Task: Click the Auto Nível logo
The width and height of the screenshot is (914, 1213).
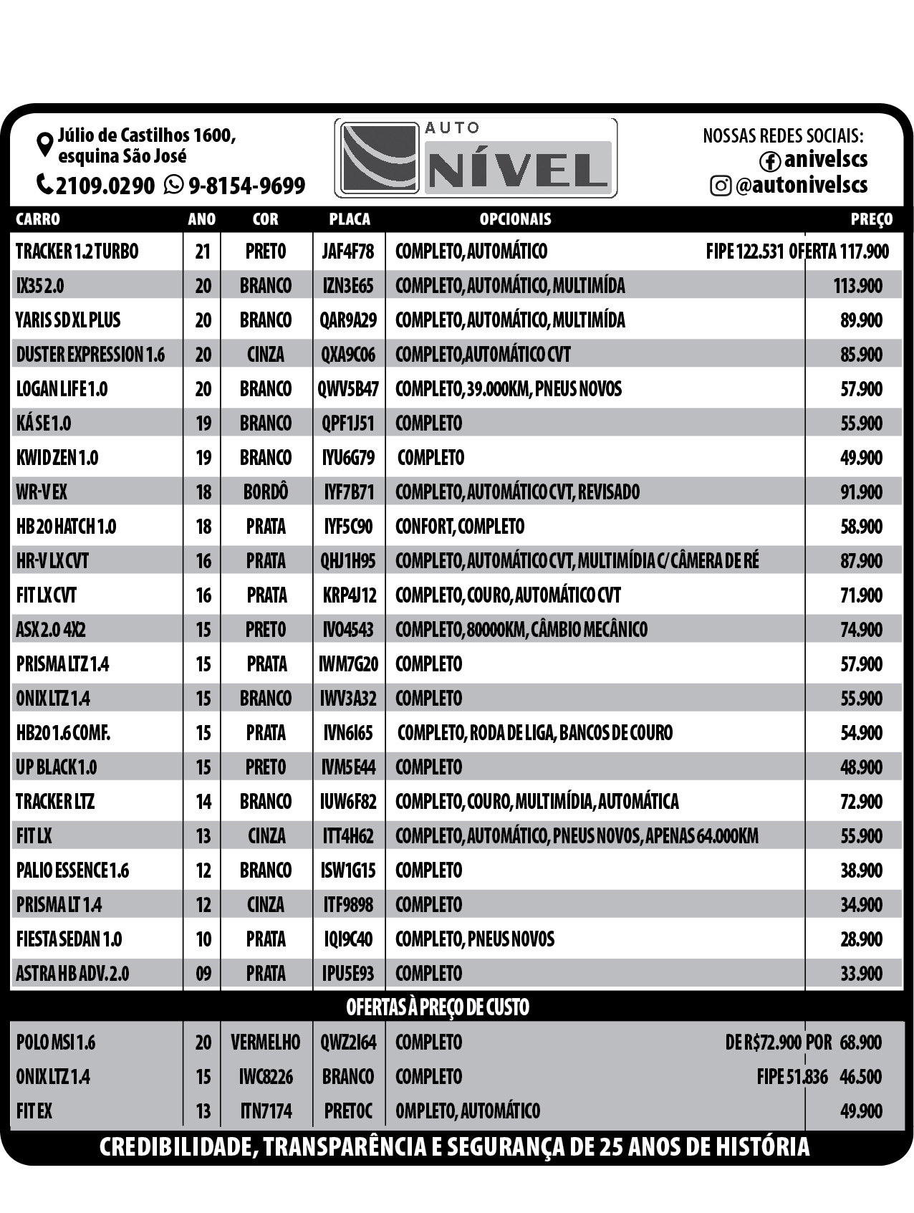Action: pyautogui.click(x=476, y=158)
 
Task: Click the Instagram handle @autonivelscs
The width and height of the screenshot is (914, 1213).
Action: pyautogui.click(x=801, y=186)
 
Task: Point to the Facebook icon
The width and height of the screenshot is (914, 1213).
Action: pyautogui.click(x=770, y=161)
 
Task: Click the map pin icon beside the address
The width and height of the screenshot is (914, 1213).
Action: pyautogui.click(x=45, y=143)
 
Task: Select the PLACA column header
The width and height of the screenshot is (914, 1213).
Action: pyautogui.click(x=350, y=219)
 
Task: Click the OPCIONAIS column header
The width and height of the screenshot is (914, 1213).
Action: pyautogui.click(x=515, y=219)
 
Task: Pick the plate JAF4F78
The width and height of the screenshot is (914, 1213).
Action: pyautogui.click(x=348, y=251)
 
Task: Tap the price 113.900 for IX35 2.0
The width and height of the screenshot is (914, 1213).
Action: pyautogui.click(x=857, y=286)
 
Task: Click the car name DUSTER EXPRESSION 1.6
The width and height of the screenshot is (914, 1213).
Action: pyautogui.click(x=90, y=355)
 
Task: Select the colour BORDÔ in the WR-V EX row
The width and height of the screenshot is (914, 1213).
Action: pyautogui.click(x=266, y=492)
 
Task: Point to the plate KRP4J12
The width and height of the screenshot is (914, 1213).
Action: pyautogui.click(x=350, y=595)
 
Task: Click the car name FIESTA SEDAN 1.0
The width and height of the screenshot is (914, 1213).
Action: pyautogui.click(x=69, y=939)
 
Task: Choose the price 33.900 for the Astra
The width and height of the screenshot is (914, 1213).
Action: pyautogui.click(x=861, y=974)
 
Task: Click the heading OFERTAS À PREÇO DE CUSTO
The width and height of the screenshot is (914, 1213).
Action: pyautogui.click(x=438, y=1007)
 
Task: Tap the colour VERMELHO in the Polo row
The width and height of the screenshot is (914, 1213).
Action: pyautogui.click(x=265, y=1042)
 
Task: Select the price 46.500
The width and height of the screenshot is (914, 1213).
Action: pyautogui.click(x=861, y=1077)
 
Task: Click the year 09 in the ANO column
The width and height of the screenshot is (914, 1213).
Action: pyautogui.click(x=203, y=974)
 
